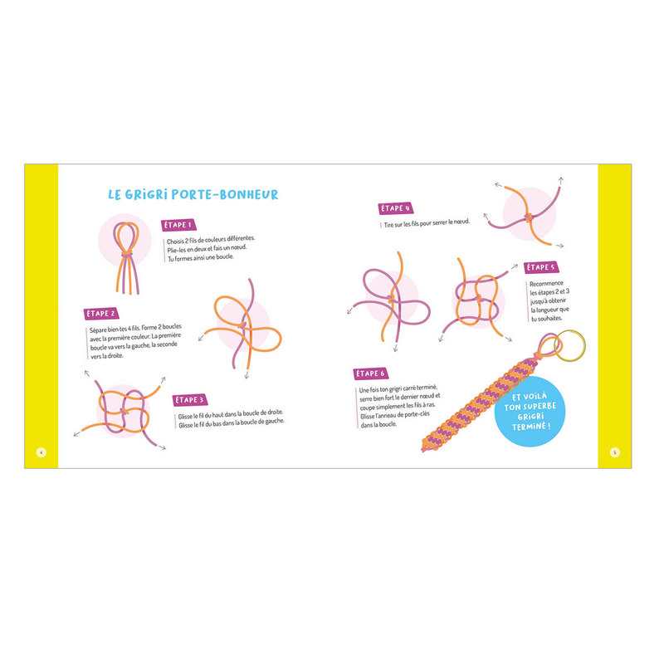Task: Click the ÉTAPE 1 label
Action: coord(178,225)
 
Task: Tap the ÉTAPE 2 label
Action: coord(100,314)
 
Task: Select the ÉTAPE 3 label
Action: coord(190,400)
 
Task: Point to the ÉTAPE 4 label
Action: coord(396,208)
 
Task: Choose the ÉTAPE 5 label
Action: coord(541,267)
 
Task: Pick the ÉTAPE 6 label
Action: coord(370,374)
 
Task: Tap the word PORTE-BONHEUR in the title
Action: coord(225,195)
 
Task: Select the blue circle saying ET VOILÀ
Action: coord(530,411)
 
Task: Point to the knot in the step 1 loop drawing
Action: coord(127,254)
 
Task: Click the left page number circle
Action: coord(41,452)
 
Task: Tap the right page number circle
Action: coord(615,452)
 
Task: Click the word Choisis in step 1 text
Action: coord(175,242)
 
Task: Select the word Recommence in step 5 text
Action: coord(546,283)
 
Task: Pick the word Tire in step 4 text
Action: coord(388,225)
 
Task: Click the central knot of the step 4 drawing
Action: coord(529,217)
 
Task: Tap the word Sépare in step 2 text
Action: coord(98,330)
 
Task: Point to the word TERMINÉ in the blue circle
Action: coord(531,427)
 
